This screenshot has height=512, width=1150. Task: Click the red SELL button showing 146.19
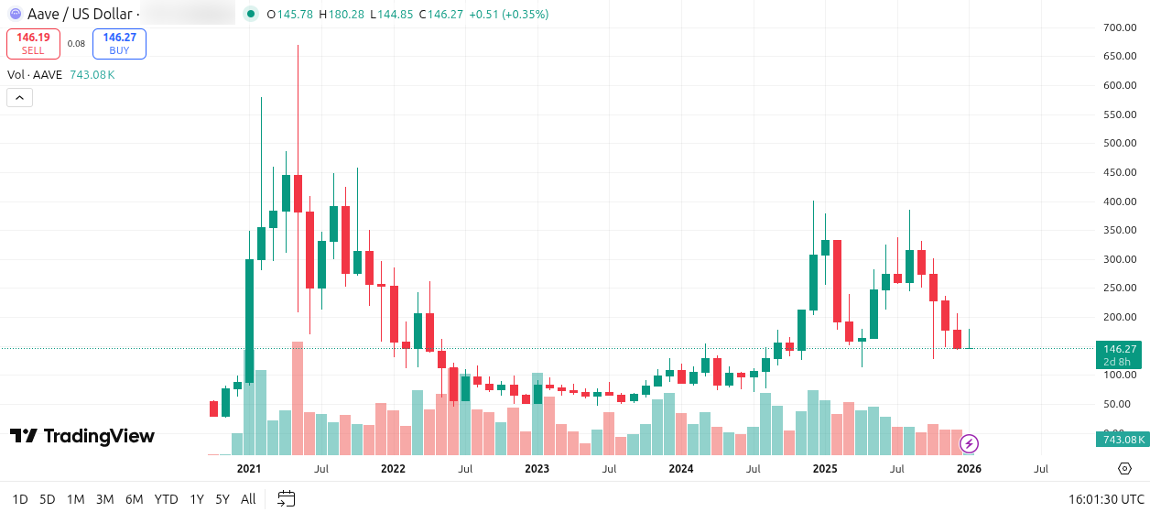click(x=33, y=43)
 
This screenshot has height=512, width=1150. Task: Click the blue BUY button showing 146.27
click(x=119, y=43)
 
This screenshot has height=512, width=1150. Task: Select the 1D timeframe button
click(x=20, y=499)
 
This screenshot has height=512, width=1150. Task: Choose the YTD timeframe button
click(x=166, y=499)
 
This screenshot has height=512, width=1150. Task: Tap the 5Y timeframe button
click(x=222, y=499)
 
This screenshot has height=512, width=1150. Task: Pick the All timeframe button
click(x=248, y=499)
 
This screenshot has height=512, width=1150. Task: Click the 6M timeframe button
click(x=134, y=499)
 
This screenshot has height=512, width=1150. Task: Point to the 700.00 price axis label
click(x=1119, y=27)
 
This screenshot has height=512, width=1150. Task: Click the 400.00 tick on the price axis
click(x=1119, y=202)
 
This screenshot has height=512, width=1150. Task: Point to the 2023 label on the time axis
click(x=537, y=469)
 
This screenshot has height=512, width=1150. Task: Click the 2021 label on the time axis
click(x=249, y=469)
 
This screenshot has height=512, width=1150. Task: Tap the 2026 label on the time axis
click(x=969, y=469)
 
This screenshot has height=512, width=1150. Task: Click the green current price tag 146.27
click(x=1120, y=349)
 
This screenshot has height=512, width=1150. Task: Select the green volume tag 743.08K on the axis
click(x=1121, y=440)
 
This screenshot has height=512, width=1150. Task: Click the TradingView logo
click(x=82, y=436)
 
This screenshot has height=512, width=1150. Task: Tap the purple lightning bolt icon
click(x=969, y=444)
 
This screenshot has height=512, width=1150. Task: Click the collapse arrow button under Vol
click(x=19, y=97)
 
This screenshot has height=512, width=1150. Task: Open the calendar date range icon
click(x=287, y=499)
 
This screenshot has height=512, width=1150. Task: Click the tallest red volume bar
click(x=297, y=398)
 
